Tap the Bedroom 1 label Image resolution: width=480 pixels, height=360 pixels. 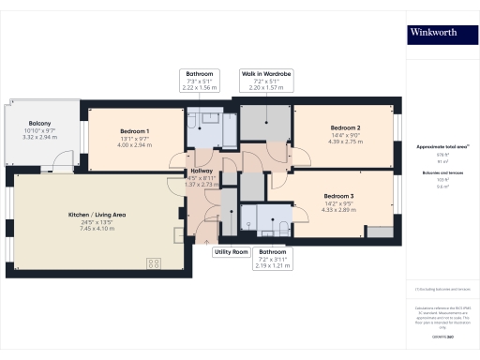(135, 131)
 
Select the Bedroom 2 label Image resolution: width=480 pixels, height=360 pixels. (345, 127)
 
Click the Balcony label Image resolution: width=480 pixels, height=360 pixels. (39, 124)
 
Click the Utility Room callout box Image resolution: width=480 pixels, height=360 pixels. (231, 252)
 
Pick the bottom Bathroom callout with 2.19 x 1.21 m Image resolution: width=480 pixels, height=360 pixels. (272, 259)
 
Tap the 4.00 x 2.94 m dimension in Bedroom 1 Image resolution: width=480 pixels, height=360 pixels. (135, 145)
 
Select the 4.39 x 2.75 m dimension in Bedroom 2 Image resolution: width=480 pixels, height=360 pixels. (345, 141)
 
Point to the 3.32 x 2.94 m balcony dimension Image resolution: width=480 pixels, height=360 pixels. (39, 138)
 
